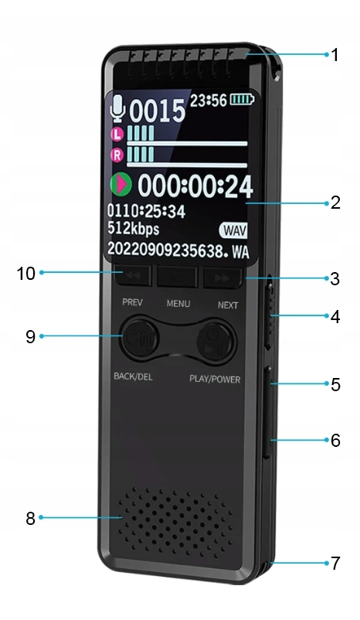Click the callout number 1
pos(335,55)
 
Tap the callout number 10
pos(25,273)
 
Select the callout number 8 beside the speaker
pos(30,518)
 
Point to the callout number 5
pos(335,384)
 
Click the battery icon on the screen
pos(243,99)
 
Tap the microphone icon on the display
pos(117,108)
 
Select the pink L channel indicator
pos(117,135)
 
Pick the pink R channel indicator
pos(117,155)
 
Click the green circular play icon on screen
pos(121,184)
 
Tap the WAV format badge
pos(233,230)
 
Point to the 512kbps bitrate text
pos(133,229)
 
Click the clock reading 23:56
pos(209,100)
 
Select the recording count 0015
pos(158,111)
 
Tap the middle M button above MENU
pos(177,277)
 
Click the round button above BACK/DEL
pos(139,337)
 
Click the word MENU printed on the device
pos(178,304)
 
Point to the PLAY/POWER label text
pos(215,380)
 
